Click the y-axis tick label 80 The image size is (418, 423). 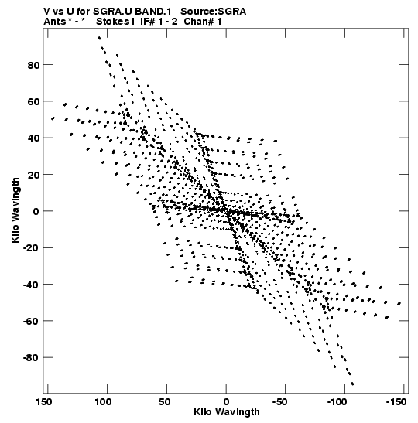(33, 65)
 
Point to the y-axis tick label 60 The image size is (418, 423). (33, 102)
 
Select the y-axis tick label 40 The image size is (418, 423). (33, 138)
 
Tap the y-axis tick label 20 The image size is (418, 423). (33, 175)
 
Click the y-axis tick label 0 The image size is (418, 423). (36, 212)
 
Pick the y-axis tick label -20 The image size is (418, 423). (31, 248)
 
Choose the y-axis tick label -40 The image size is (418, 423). (31, 285)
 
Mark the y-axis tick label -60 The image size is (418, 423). (31, 321)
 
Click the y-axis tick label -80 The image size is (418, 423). (31, 358)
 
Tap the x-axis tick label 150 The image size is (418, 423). (44, 402)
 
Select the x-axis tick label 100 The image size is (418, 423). (103, 402)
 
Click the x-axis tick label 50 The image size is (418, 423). (164, 402)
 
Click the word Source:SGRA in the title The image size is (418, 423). (214, 12)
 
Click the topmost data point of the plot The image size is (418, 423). (99, 38)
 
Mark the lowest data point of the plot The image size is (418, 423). (352, 384)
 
